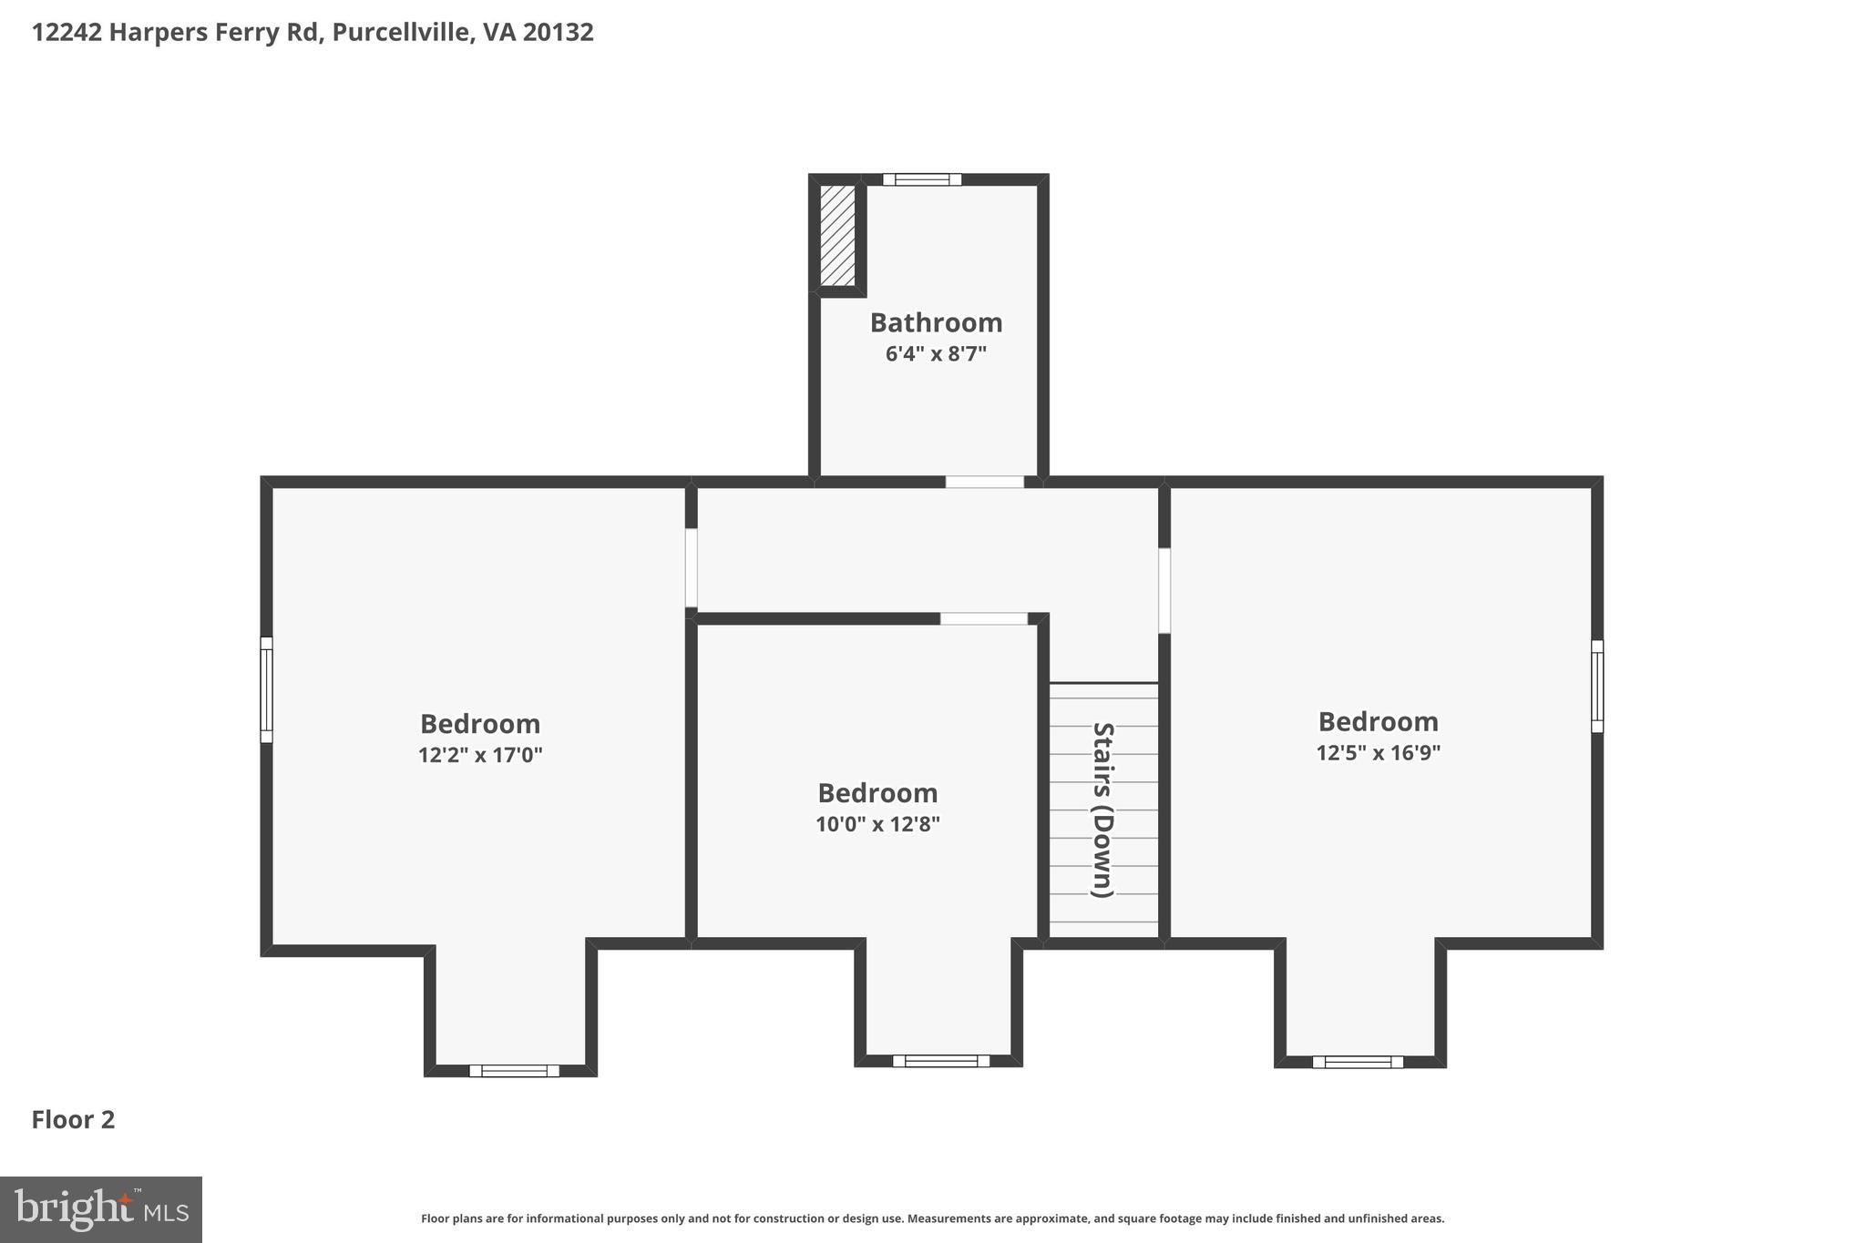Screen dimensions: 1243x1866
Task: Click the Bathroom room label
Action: click(x=936, y=322)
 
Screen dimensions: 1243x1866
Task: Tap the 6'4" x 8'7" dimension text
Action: click(x=936, y=354)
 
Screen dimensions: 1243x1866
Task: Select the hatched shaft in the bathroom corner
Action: click(x=837, y=236)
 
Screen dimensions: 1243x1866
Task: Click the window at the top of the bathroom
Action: click(x=922, y=179)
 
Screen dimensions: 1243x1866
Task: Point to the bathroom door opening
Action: click(x=984, y=482)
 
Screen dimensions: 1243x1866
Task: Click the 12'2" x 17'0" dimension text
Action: click(x=480, y=755)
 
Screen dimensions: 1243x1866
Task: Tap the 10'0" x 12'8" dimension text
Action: click(x=877, y=824)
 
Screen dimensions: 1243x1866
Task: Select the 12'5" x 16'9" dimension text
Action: click(x=1378, y=753)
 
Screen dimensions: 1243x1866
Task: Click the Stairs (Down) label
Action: click(x=1103, y=810)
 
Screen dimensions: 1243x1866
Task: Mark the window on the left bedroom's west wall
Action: click(x=266, y=689)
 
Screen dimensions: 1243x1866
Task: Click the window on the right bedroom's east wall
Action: click(x=1597, y=686)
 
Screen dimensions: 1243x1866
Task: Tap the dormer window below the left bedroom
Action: click(x=515, y=1071)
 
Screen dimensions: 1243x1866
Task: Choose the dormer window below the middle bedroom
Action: click(x=941, y=1061)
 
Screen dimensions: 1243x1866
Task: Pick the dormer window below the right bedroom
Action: click(x=1358, y=1062)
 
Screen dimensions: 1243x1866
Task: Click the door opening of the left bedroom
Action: click(x=692, y=568)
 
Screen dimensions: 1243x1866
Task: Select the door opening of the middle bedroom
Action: click(x=984, y=619)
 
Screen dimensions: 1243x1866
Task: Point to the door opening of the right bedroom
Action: click(x=1164, y=590)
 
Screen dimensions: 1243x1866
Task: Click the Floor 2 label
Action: click(x=74, y=1120)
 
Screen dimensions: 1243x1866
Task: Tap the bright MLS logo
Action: click(x=101, y=1209)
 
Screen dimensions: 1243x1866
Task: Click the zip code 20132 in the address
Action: click(x=558, y=32)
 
